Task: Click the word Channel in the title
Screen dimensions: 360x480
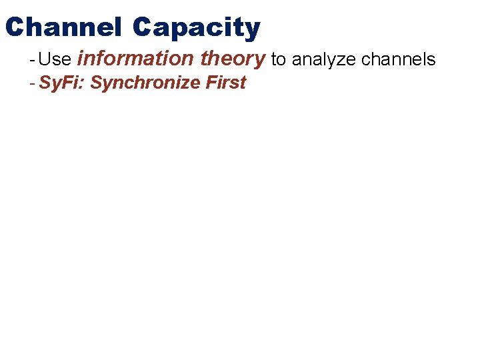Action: [x=63, y=27]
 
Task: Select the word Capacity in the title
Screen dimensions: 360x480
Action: [x=196, y=28]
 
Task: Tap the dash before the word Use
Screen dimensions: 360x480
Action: [x=32, y=59]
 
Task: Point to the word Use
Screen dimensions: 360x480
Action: [x=55, y=59]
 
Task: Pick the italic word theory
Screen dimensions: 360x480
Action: [x=233, y=59]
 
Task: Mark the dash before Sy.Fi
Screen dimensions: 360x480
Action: [x=32, y=83]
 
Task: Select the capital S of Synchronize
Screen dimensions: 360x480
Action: [x=95, y=83]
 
